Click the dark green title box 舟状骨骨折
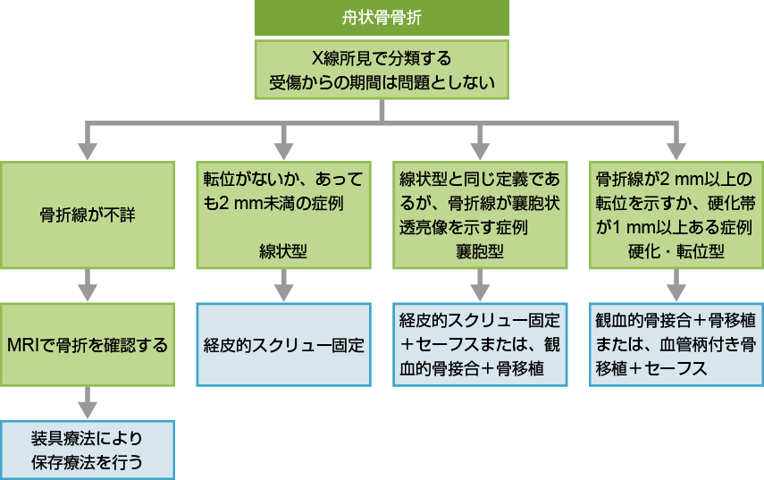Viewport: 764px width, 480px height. [x=382, y=18]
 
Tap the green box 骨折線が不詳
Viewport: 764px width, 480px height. [x=87, y=215]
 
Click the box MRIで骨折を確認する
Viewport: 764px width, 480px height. [x=87, y=344]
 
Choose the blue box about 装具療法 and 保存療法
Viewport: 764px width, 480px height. [x=87, y=451]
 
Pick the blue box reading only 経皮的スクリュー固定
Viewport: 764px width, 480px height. [x=283, y=344]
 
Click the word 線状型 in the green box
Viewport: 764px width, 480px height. [x=283, y=251]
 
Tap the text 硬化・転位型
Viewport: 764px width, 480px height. [x=676, y=251]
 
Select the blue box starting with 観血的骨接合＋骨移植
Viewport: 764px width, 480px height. [x=676, y=344]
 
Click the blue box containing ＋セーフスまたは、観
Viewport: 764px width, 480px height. [x=480, y=344]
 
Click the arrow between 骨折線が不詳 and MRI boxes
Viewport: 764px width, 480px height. [x=87, y=288]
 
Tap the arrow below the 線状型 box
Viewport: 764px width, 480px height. [x=283, y=288]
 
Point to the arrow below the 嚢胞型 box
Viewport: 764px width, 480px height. [x=480, y=288]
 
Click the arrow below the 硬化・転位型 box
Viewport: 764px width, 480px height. [x=676, y=288]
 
